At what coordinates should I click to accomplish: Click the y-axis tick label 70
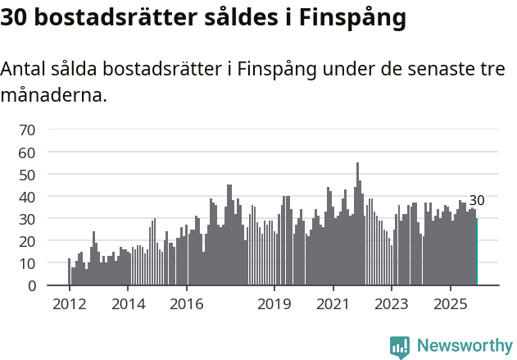click(27, 130)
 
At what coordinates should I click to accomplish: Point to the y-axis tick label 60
click(27, 153)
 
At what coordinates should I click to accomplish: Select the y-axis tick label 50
click(27, 175)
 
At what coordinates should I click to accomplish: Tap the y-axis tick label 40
click(27, 197)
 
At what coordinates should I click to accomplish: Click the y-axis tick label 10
click(27, 264)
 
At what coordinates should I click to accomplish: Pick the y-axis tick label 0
click(31, 286)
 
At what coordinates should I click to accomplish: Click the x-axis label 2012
click(69, 305)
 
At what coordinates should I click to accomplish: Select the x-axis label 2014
click(128, 305)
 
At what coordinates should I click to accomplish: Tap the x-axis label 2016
click(187, 305)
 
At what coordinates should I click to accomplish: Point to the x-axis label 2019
click(274, 305)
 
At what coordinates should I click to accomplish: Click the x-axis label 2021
click(333, 305)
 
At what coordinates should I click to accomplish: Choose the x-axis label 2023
click(392, 305)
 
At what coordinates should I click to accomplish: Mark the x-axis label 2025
click(451, 305)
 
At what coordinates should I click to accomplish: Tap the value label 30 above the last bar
click(477, 200)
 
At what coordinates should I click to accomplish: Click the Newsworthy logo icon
click(400, 347)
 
